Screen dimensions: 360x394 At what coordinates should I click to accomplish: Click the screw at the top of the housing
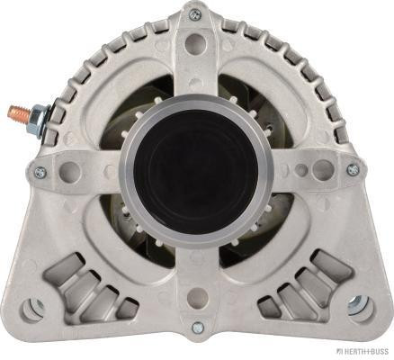tap(194, 13)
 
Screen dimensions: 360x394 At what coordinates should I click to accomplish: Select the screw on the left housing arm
tap(39, 171)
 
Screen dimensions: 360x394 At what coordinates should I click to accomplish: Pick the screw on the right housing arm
tap(352, 169)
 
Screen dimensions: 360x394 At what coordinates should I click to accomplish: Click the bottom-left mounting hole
tap(32, 308)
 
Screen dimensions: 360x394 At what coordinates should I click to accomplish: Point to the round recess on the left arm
tap(69, 168)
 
